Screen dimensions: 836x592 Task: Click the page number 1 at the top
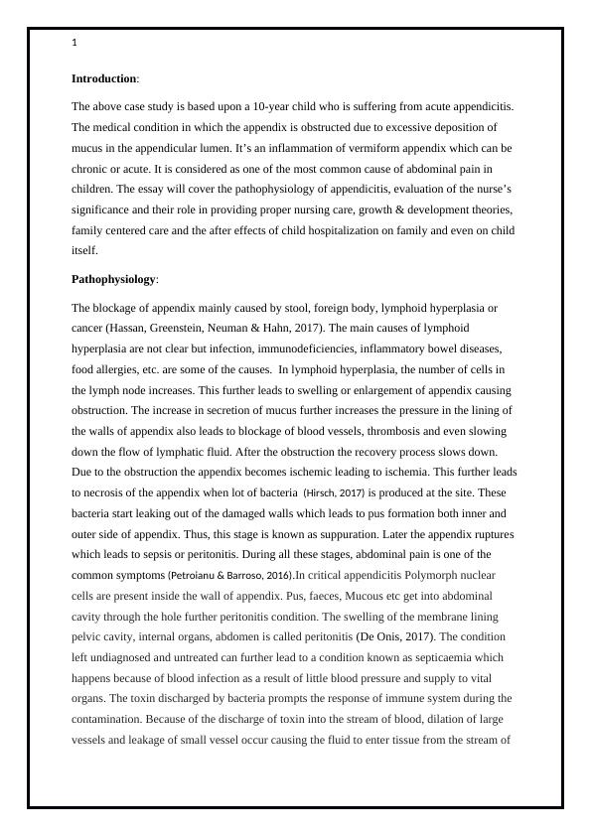point(74,43)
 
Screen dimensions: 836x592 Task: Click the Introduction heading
point(103,78)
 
